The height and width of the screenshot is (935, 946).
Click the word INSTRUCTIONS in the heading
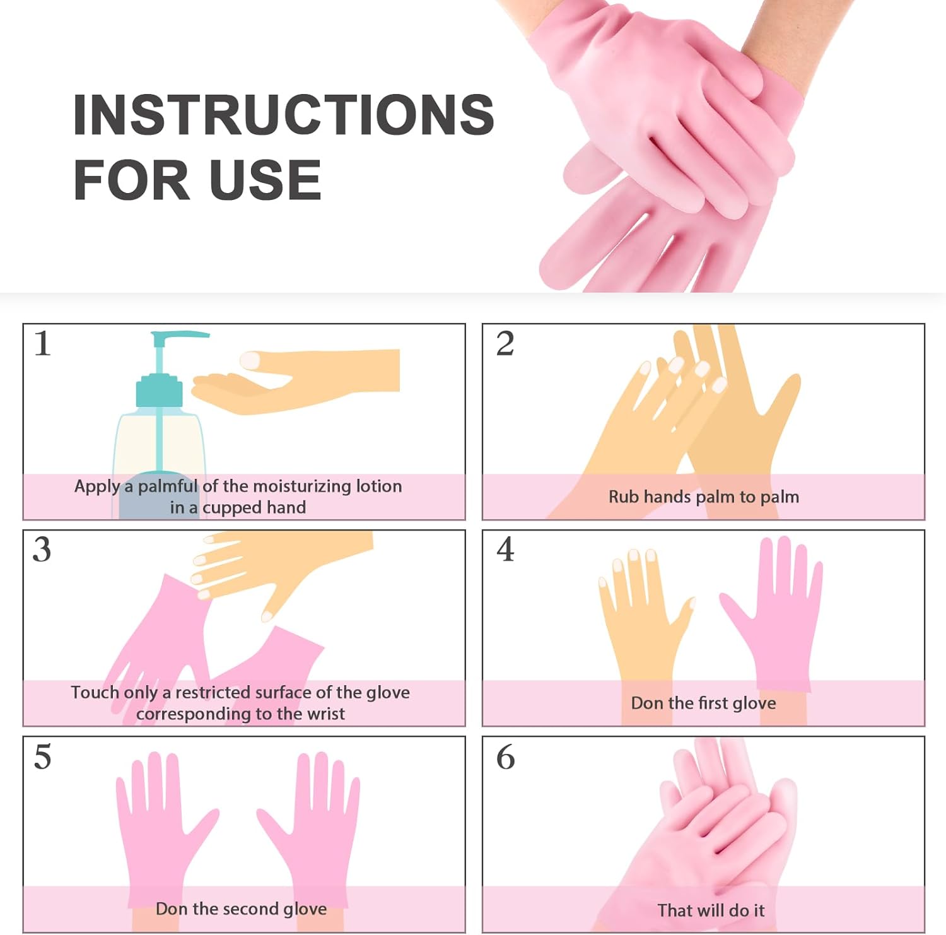point(283,115)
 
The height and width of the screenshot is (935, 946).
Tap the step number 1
point(42,344)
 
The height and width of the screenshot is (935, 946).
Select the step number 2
point(505,344)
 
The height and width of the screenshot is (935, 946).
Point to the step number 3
point(42,550)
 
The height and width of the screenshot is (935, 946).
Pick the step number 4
point(505,550)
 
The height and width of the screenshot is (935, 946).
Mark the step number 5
point(42,756)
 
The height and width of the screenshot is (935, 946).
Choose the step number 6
point(505,756)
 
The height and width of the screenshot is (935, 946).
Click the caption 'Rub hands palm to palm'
point(703,497)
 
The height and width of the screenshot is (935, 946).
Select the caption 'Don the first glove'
point(703,703)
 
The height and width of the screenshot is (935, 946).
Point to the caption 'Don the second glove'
point(241,909)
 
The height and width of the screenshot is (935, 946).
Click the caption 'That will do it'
point(711,910)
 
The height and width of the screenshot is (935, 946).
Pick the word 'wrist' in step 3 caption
point(325,714)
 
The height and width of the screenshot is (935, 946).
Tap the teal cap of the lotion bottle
point(159,391)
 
